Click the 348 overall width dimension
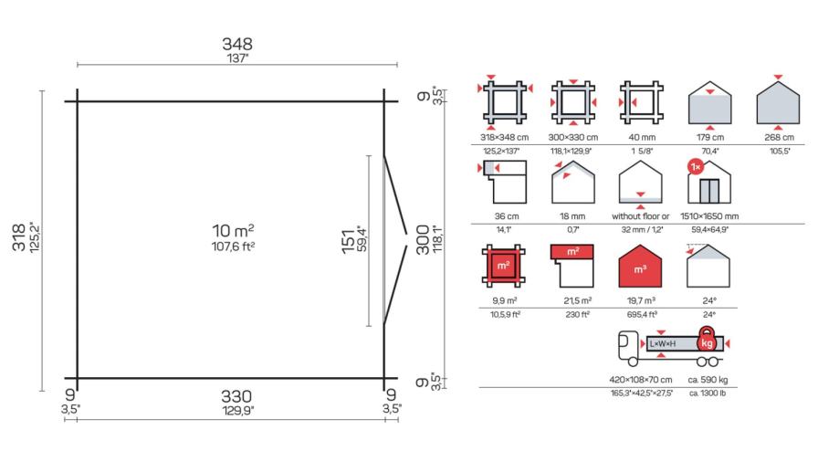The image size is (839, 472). [x=237, y=44]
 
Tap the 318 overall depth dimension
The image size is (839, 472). [x=19, y=237]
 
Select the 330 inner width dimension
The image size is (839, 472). [x=236, y=396]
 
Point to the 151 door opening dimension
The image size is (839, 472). [x=349, y=241]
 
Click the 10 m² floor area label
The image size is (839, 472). [x=233, y=231]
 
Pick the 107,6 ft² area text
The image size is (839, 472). [x=233, y=246]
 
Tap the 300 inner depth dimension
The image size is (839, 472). [x=423, y=239]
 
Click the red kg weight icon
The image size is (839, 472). [x=707, y=340]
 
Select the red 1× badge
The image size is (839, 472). [x=696, y=167]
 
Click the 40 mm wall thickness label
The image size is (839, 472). [x=642, y=138]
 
